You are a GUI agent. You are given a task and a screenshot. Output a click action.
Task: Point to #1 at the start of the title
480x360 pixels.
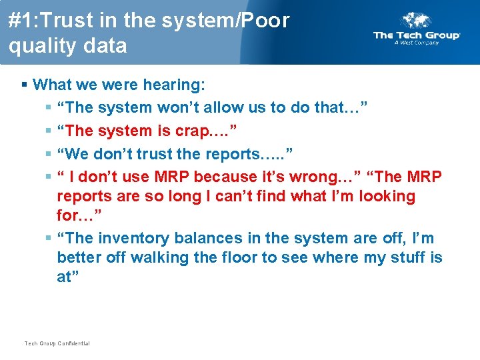point(20,21)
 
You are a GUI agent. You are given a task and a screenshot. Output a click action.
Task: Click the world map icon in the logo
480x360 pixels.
point(417,20)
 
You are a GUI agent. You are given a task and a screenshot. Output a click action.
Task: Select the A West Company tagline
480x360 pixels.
point(417,43)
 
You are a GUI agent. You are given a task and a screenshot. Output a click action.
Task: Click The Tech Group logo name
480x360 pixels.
point(417,35)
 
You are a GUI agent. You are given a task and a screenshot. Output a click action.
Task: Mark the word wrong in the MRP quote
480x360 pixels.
point(323,177)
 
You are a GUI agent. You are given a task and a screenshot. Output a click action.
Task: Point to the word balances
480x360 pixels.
point(204,238)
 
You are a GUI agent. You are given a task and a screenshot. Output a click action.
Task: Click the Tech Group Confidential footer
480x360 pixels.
point(57,343)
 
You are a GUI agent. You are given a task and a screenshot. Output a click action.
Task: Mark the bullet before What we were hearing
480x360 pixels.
point(25,85)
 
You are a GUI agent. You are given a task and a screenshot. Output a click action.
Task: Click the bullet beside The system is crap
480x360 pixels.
point(49,131)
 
